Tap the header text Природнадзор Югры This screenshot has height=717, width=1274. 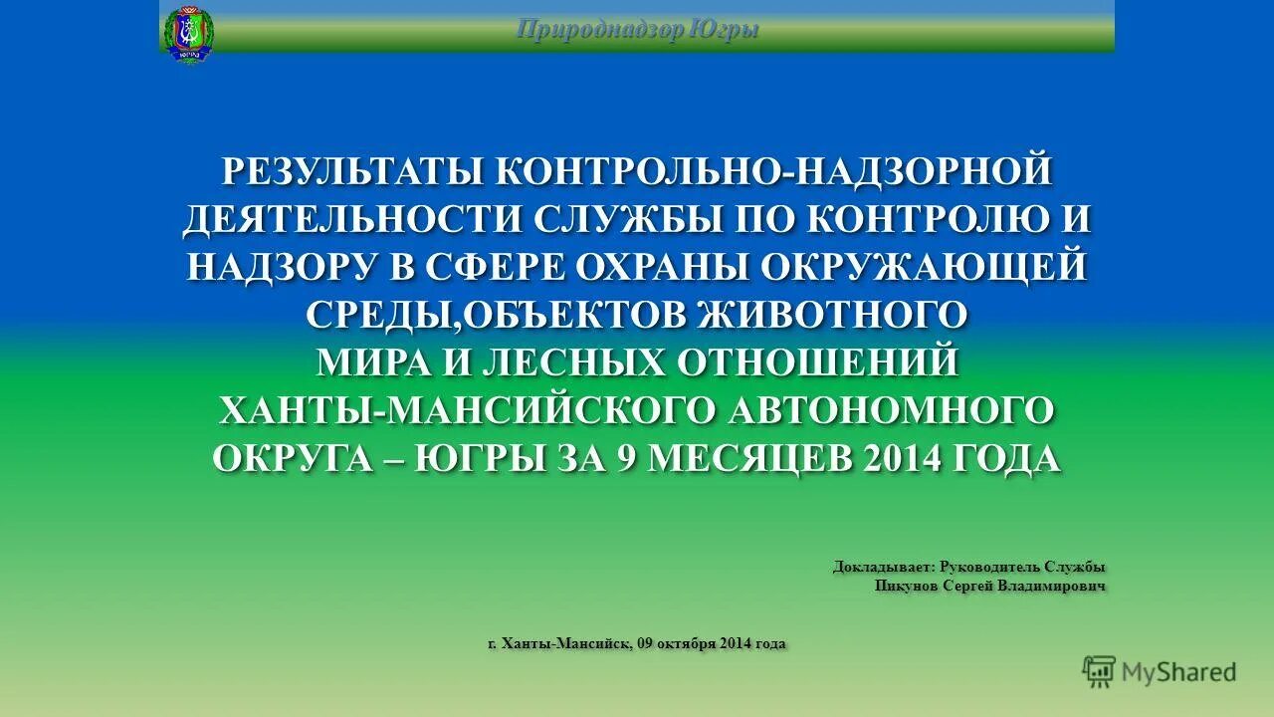[x=637, y=30]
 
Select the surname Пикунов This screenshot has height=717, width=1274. [x=907, y=586]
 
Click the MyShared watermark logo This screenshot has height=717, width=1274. [x=1160, y=672]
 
